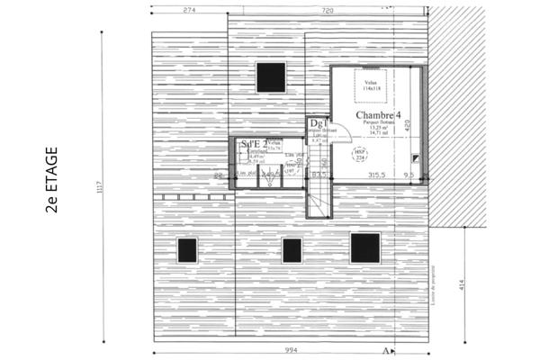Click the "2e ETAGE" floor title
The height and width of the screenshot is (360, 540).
tap(51, 180)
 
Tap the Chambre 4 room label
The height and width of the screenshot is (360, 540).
tap(377, 116)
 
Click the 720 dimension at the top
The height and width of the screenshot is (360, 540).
tap(327, 9)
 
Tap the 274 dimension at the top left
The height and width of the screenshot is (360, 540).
tap(189, 9)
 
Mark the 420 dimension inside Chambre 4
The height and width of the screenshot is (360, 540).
tap(407, 125)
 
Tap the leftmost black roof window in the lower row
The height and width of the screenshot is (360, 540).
tap(187, 249)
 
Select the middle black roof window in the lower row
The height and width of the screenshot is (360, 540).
tap(292, 249)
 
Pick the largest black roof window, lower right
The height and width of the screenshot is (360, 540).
tap(365, 247)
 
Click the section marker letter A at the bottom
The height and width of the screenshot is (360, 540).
tap(385, 349)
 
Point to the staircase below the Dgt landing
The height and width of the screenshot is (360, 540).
tap(320, 198)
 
